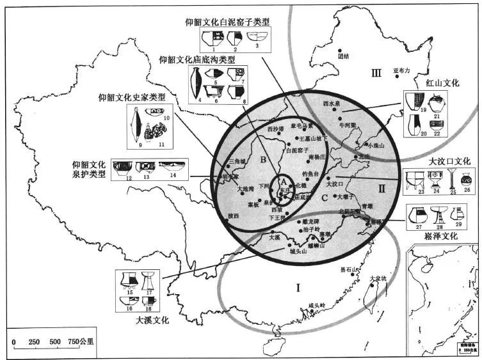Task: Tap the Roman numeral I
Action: pyautogui.click(x=298, y=287)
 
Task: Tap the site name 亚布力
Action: pyautogui.click(x=401, y=70)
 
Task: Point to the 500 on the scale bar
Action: pyautogui.click(x=55, y=341)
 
